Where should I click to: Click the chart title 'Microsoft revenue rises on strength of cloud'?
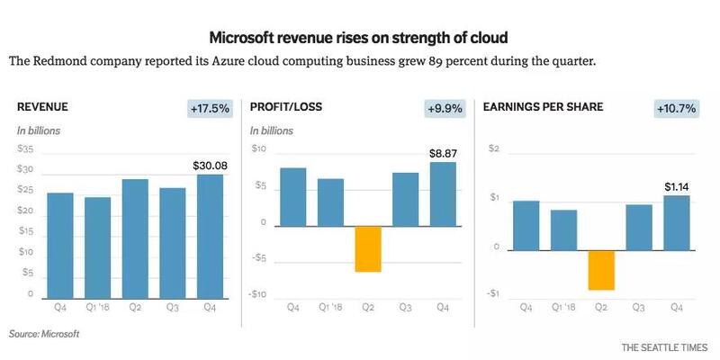coord(359,38)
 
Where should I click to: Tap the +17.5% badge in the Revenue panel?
coord(210,108)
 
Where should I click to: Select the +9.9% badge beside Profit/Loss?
coord(444,108)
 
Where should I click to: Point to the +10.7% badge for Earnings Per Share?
coord(677,108)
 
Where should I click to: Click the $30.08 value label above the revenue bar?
coord(211,166)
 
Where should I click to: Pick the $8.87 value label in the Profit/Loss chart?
coord(443,154)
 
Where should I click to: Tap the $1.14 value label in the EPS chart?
coord(676,187)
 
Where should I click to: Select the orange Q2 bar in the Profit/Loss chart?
coord(368,248)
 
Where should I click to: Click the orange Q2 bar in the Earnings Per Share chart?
coord(601,270)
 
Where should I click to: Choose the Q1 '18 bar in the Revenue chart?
coord(98,247)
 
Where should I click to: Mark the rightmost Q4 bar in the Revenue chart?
coord(211,236)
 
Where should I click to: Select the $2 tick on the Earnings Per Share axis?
coord(492,148)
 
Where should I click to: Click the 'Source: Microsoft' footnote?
coord(44,334)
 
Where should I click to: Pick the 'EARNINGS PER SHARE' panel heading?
coord(543,107)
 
